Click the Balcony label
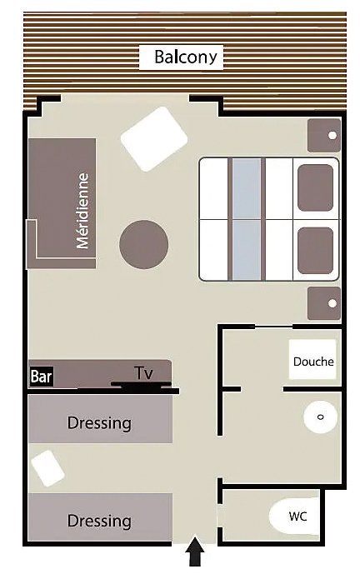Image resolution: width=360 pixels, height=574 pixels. pos(186,57)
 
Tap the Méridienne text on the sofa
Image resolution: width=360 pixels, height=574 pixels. pos(82,211)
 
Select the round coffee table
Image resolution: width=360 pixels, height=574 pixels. pos(144,244)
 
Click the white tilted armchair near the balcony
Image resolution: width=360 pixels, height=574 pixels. pos(154,139)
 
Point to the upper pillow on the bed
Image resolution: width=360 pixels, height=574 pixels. pos(315,187)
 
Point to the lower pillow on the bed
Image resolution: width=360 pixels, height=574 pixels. pos(315,251)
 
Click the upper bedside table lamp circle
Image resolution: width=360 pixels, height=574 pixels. pos(332,136)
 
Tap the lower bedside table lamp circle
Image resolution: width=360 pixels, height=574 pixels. pos(332,303)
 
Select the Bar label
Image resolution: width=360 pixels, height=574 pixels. pos(42,377)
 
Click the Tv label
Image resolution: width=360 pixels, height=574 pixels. pos(144,373)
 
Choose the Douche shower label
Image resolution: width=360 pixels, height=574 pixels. pos(313,362)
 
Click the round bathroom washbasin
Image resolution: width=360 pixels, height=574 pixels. pos(321,417)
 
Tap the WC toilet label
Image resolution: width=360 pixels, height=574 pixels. pos(297,517)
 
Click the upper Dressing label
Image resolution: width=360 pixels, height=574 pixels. pos(99,423)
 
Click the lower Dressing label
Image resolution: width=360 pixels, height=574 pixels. pos(99,521)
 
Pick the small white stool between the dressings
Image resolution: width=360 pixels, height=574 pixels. pos(47,468)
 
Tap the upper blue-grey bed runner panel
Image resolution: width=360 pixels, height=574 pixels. pos(247,188)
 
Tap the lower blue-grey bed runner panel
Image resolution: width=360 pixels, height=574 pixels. pos(247,250)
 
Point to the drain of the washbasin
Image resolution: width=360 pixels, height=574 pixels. pos(321,417)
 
